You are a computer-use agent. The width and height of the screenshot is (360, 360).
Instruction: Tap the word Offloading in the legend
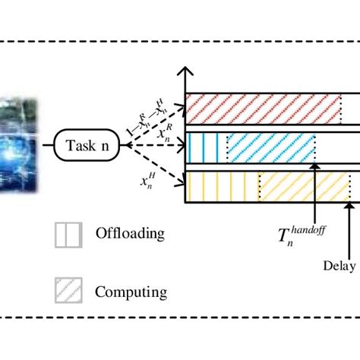tap(129, 234)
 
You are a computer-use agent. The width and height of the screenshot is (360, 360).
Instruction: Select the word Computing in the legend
tap(131, 292)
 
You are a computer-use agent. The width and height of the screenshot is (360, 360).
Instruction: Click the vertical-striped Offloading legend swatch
tap(67, 235)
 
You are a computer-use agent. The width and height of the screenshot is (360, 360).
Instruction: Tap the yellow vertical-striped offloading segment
tap(222, 185)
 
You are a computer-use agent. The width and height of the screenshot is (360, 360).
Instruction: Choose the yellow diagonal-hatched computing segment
tap(304, 185)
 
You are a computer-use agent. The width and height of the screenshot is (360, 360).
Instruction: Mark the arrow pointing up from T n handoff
tap(315, 194)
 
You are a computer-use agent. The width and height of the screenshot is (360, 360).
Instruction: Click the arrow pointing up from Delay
tap(349, 228)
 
